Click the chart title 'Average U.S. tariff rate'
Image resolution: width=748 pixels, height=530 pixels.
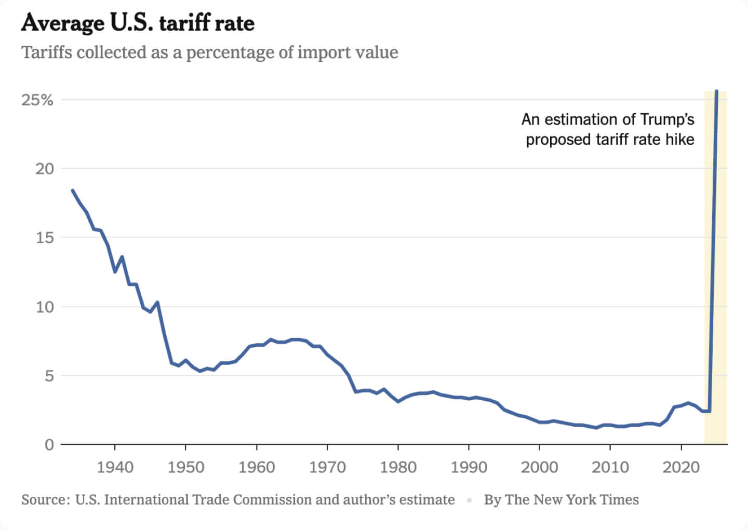[138, 23]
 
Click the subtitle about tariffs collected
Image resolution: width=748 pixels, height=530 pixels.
[209, 52]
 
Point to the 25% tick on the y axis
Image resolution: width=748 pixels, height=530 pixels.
[37, 100]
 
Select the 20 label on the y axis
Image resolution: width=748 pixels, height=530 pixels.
[44, 169]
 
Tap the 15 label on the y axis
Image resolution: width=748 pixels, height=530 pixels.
[44, 238]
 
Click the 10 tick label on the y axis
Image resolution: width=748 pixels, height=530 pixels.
[44, 307]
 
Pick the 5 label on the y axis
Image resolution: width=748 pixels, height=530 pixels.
[49, 376]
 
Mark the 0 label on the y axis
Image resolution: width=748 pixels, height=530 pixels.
[49, 445]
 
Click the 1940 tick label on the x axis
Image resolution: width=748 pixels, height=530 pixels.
[115, 467]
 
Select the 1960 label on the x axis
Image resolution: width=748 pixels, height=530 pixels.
[256, 467]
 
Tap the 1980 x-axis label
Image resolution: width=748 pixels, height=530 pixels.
[398, 467]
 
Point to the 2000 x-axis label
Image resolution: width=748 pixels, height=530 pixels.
[539, 467]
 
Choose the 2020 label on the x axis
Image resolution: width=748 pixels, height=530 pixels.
[681, 467]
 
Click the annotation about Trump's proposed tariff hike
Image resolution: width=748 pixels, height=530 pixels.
[608, 129]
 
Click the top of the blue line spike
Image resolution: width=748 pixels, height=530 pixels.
[717, 92]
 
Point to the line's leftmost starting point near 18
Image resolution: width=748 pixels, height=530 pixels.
[72, 191]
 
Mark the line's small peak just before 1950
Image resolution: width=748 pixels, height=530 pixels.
[157, 302]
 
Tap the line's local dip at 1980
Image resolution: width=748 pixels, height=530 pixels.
[398, 401]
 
